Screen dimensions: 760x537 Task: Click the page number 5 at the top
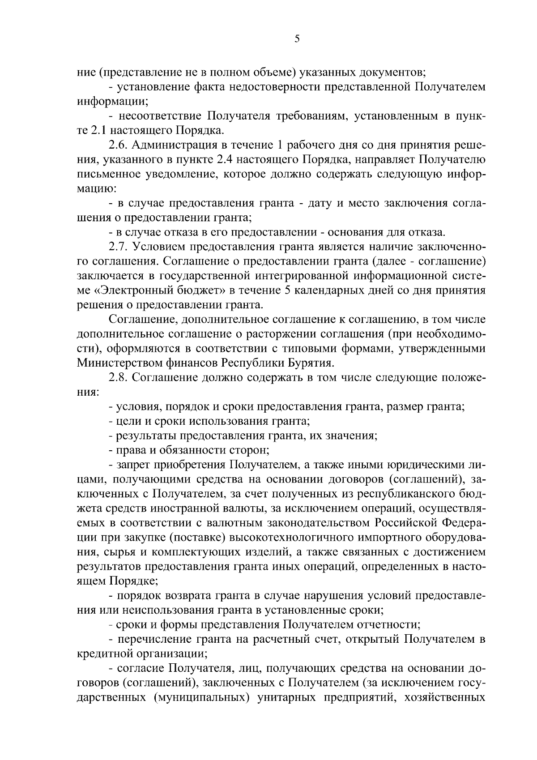(297, 39)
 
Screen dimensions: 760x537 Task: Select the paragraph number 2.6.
(118, 145)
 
